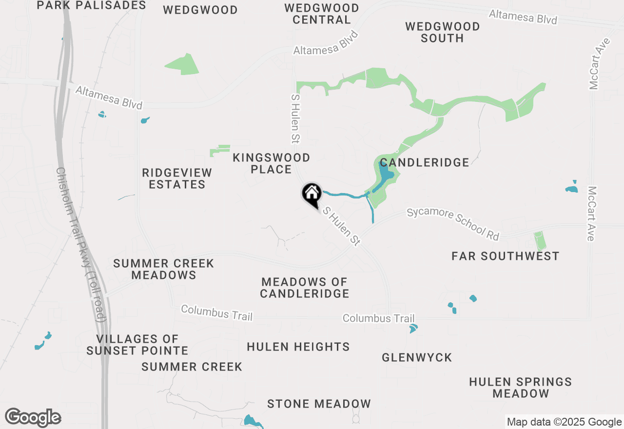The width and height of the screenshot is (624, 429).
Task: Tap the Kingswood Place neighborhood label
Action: [271, 163]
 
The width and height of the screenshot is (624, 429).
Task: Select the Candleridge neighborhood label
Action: [424, 162]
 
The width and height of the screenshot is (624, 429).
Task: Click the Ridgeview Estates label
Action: [177, 178]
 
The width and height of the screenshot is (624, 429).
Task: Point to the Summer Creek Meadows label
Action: [164, 269]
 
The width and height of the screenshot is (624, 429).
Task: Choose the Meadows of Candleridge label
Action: [305, 288]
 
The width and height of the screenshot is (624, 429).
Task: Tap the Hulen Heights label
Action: [298, 347]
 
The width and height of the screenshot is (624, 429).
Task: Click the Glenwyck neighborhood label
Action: [417, 357]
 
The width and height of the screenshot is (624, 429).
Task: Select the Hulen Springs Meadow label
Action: [521, 388]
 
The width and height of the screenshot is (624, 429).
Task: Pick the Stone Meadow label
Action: [319, 404]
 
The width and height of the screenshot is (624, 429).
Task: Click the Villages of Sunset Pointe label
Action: [137, 345]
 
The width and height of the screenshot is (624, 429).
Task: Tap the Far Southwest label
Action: [505, 256]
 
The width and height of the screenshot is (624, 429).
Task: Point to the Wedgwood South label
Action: [442, 32]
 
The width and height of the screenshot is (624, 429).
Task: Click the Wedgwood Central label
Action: [322, 14]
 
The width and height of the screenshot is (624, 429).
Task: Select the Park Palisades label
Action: [92, 5]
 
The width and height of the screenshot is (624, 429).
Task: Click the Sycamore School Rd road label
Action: [453, 224]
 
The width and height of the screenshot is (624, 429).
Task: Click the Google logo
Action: [33, 418]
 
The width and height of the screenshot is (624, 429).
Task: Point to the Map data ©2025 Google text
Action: [564, 422]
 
